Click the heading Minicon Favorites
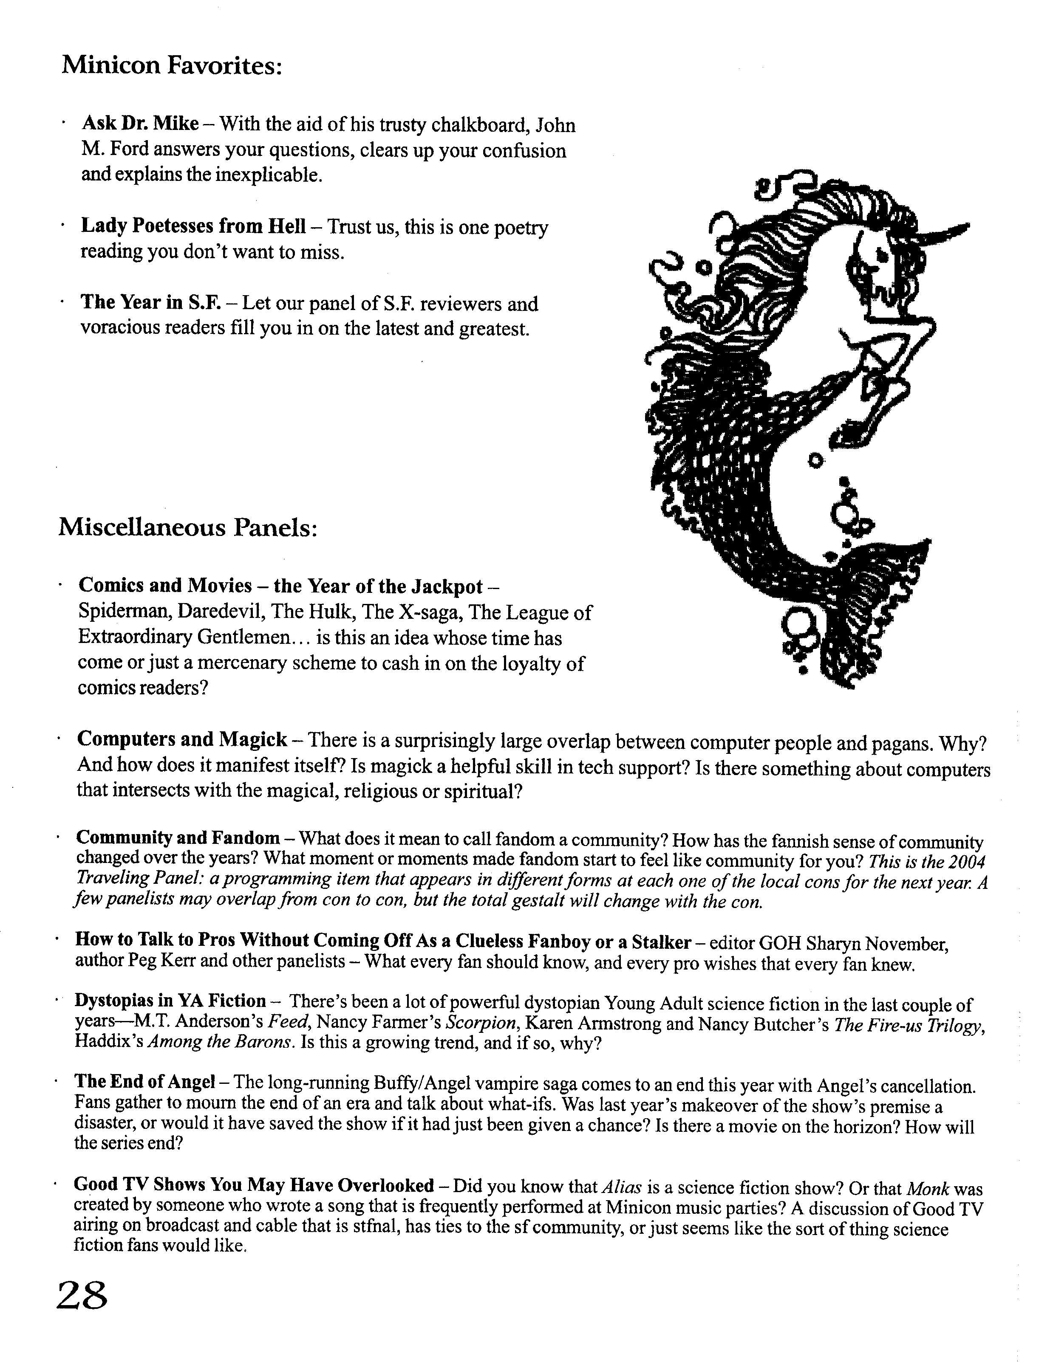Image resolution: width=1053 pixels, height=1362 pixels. pos(172,65)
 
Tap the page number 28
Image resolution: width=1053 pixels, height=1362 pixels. pos(82,1294)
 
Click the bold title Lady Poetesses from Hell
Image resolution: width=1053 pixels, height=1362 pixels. pos(193,226)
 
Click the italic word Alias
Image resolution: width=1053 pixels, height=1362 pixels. pos(624,1186)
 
